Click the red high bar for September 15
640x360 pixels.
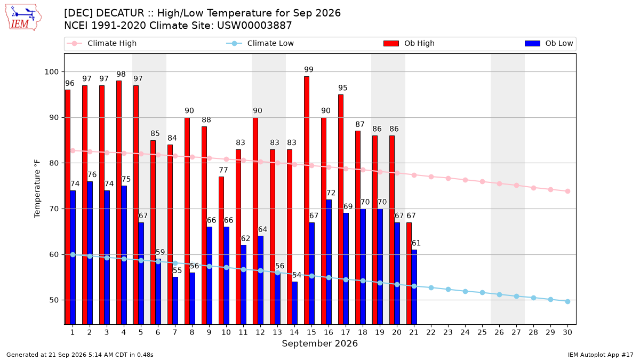pyautogui.click(x=307, y=201)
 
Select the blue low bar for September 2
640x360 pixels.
pyautogui.click(x=90, y=253)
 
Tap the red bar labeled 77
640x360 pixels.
pyautogui.click(x=221, y=251)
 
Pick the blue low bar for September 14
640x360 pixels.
pyautogui.click(x=294, y=303)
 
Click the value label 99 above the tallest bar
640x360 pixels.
pyautogui.click(x=309, y=69)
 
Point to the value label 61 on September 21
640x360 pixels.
pyautogui.click(x=416, y=243)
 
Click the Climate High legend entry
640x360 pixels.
pyautogui.click(x=102, y=43)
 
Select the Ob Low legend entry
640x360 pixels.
pyautogui.click(x=549, y=43)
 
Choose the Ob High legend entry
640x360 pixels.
pyautogui.click(x=409, y=43)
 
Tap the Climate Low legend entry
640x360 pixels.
pyautogui.click(x=260, y=43)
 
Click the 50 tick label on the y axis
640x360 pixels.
pyautogui.click(x=54, y=300)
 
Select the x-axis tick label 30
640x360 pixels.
pyautogui.click(x=567, y=332)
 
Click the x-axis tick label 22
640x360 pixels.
pyautogui.click(x=431, y=332)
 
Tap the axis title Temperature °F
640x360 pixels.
pyautogui.click(x=37, y=189)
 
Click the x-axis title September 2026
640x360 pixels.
pyautogui.click(x=319, y=343)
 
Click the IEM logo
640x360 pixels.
pyautogui.click(x=23, y=18)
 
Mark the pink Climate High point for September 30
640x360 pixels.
pyautogui.click(x=567, y=191)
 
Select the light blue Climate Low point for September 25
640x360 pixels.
pyautogui.click(x=482, y=293)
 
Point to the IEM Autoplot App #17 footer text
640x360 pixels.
pyautogui.click(x=601, y=355)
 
